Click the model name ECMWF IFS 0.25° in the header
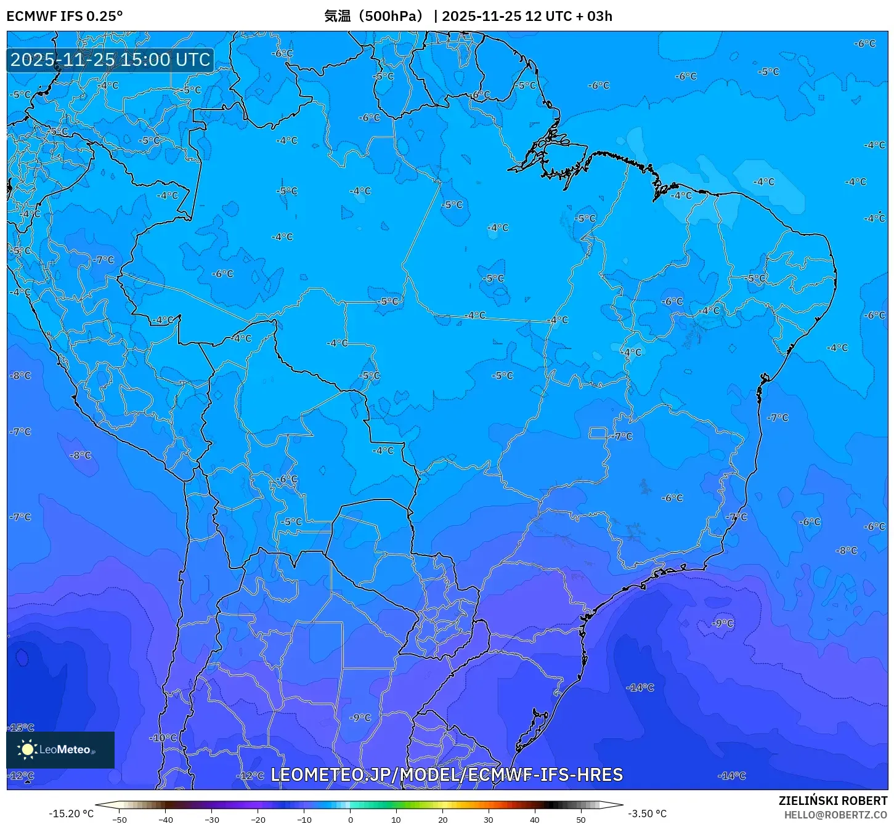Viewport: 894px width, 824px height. pyautogui.click(x=65, y=16)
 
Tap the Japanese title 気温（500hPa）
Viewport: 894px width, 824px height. pyautogui.click(x=374, y=16)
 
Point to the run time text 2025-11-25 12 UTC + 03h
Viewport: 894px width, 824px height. pyautogui.click(x=527, y=16)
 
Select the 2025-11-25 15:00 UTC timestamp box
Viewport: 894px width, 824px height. pyautogui.click(x=110, y=60)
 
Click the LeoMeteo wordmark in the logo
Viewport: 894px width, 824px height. pyautogui.click(x=65, y=749)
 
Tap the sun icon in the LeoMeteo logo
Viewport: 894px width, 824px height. pyautogui.click(x=27, y=749)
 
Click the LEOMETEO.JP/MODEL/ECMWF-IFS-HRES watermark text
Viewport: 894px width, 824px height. pyautogui.click(x=447, y=775)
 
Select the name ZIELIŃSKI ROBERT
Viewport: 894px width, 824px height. pyautogui.click(x=832, y=801)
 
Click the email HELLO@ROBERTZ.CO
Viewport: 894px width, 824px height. pyautogui.click(x=835, y=815)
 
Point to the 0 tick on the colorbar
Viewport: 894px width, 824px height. pyautogui.click(x=350, y=819)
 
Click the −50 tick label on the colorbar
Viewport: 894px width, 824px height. pyautogui.click(x=120, y=819)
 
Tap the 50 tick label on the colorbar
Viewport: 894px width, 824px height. pyautogui.click(x=580, y=819)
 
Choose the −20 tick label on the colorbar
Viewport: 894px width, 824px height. pyautogui.click(x=258, y=819)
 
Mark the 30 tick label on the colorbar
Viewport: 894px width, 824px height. pyautogui.click(x=488, y=819)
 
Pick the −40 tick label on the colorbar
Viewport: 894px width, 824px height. pyautogui.click(x=165, y=819)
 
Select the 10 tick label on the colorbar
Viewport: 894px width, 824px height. pyautogui.click(x=396, y=819)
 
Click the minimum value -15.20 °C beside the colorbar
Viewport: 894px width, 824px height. pyautogui.click(x=71, y=814)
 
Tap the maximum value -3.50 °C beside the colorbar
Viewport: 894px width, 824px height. pyautogui.click(x=647, y=814)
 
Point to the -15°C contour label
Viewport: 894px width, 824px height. pyautogui.click(x=22, y=727)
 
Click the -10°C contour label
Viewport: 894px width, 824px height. pyautogui.click(x=163, y=738)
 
